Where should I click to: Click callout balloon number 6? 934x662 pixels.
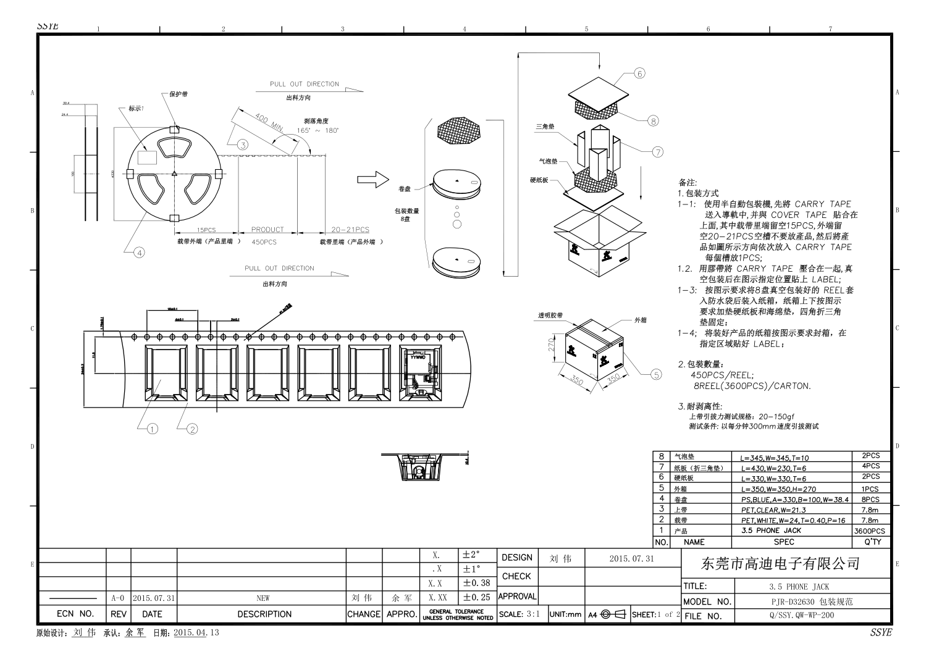click(x=639, y=73)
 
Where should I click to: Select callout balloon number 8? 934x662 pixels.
click(x=654, y=121)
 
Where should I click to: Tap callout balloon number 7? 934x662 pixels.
click(x=657, y=151)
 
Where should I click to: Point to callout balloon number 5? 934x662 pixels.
click(x=656, y=374)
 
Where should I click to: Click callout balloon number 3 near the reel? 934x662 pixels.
click(x=243, y=145)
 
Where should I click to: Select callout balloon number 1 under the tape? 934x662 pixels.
click(x=153, y=429)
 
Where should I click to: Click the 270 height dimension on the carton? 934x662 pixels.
click(x=553, y=344)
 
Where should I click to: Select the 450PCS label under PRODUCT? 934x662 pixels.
click(x=264, y=242)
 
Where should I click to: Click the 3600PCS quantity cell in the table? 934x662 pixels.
click(x=870, y=530)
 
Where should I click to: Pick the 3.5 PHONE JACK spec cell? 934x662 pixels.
click(x=771, y=530)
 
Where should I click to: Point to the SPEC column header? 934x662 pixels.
click(x=784, y=542)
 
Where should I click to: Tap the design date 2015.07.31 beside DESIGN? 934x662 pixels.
click(x=631, y=558)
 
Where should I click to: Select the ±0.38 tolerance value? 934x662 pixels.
click(x=476, y=583)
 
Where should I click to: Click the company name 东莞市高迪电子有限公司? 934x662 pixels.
click(x=781, y=563)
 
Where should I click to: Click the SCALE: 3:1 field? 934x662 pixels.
click(x=520, y=614)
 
